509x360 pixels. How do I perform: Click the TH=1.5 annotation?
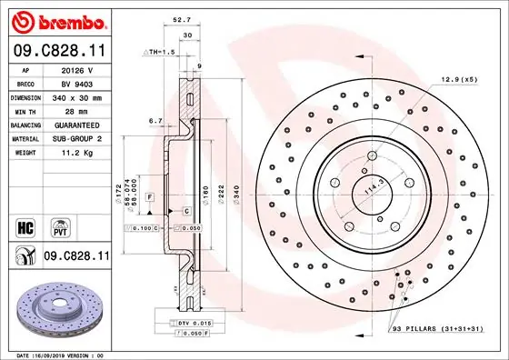160,52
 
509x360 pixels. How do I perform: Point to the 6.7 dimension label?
155,119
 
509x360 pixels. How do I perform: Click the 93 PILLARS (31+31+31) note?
444,327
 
